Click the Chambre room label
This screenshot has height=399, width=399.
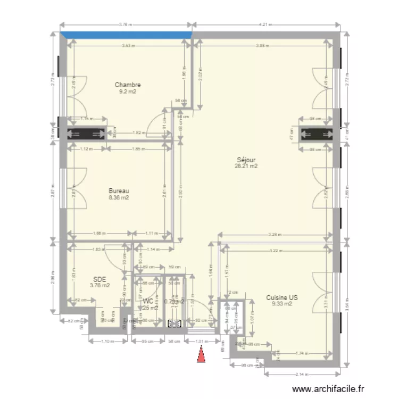[x=128, y=85]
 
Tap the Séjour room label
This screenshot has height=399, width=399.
[x=246, y=160]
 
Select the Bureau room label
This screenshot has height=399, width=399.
[x=119, y=191]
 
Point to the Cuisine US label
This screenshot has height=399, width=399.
[x=282, y=298]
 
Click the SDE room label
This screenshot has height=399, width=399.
[x=99, y=279]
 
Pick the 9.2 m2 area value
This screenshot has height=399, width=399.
[x=128, y=92]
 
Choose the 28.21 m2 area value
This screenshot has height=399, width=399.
[x=246, y=166]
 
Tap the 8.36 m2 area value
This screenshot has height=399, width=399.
[x=119, y=197]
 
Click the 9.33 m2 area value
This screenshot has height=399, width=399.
[x=282, y=304]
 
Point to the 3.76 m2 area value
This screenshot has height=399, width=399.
[x=99, y=285]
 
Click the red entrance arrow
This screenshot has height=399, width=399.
[x=201, y=355]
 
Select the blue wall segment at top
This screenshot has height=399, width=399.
[x=126, y=35]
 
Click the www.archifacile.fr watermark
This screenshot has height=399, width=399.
[x=326, y=389]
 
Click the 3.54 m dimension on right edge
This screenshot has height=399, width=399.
[x=347, y=304]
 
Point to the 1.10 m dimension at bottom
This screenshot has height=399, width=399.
[x=107, y=341]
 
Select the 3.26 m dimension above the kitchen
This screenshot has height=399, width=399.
[x=275, y=235]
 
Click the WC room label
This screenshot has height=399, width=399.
[x=148, y=301]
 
